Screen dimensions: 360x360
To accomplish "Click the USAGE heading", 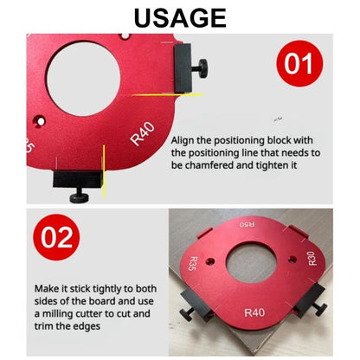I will pyautogui.click(x=179, y=17).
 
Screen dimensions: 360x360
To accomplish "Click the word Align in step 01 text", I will pyautogui.click(x=185, y=139).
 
